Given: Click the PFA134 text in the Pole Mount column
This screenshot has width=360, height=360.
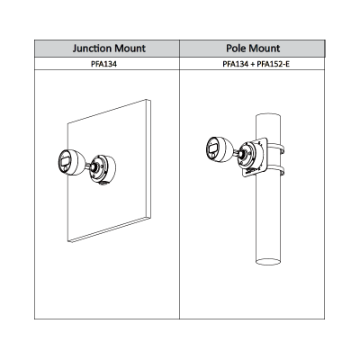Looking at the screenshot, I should click(x=233, y=65).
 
